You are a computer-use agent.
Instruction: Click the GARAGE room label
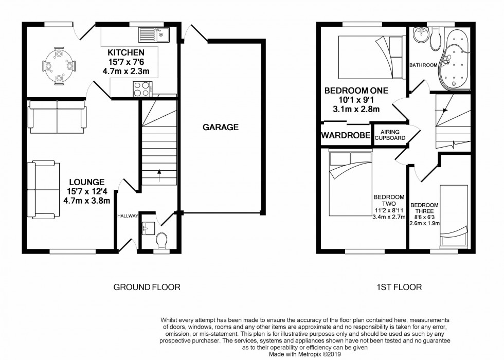coord(221,128)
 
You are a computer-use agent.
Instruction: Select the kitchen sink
coord(154,35)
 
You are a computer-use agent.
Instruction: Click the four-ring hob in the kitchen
coord(142,89)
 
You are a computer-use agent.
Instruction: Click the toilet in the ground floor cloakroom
coord(161,241)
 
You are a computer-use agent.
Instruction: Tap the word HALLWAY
coord(128,216)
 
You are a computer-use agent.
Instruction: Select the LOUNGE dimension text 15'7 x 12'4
coord(87,191)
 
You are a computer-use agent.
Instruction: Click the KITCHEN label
coord(125,52)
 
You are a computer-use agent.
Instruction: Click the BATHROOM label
coord(423,65)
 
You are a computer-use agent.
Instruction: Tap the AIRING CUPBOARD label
coord(390,135)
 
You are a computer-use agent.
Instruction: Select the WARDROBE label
coord(346,135)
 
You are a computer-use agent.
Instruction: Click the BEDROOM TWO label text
coord(389,200)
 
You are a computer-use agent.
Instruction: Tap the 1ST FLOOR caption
coord(399,287)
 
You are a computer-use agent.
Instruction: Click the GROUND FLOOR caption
coord(147,287)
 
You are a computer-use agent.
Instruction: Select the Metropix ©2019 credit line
coord(304,354)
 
